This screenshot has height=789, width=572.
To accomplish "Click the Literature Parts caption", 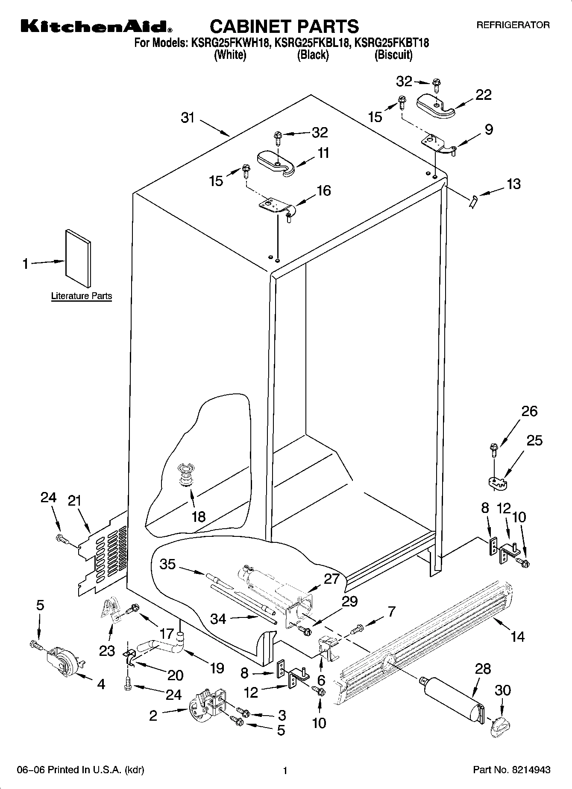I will tap(81, 296).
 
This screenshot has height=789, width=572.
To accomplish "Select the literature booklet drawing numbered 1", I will tap(78, 259).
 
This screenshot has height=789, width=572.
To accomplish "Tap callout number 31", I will tap(188, 118).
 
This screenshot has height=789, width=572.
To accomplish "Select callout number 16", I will tap(324, 190).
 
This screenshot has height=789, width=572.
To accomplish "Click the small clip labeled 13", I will tap(472, 201).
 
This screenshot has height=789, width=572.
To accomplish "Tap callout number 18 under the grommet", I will tap(198, 517).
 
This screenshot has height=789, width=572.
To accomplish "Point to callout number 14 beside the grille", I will tap(517, 637).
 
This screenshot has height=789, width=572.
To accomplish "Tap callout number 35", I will tap(167, 564).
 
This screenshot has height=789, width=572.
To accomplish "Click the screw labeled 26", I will tap(494, 448).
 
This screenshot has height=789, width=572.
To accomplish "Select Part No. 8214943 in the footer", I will tap(511, 770).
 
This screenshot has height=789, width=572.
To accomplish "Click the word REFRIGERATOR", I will tap(513, 25).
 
